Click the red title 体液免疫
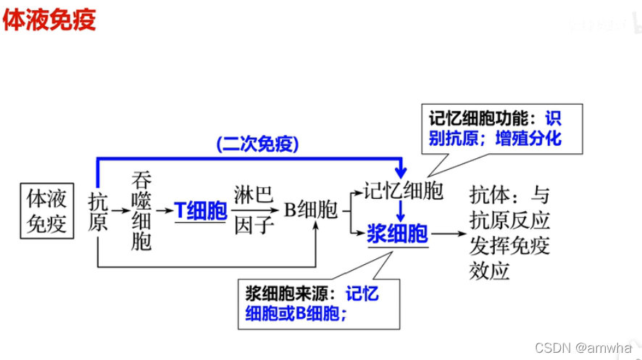pyautogui.click(x=49, y=20)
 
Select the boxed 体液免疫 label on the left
pyautogui.click(x=47, y=210)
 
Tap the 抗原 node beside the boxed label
pyautogui.click(x=98, y=211)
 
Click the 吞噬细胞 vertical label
pyautogui.click(x=141, y=211)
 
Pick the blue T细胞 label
pyautogui.click(x=201, y=211)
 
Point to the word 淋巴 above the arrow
pyautogui.click(x=254, y=195)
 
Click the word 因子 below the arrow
pyautogui.click(x=254, y=226)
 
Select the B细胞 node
pyautogui.click(x=310, y=210)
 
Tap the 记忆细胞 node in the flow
pyautogui.click(x=404, y=192)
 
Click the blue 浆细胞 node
pyautogui.click(x=397, y=233)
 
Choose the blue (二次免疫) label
pyautogui.click(x=257, y=144)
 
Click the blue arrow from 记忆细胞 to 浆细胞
pyautogui.click(x=399, y=212)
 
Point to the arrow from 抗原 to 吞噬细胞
pyautogui.click(x=120, y=211)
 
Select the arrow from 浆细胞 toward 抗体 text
pyautogui.click(x=448, y=234)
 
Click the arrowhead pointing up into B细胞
pyautogui.click(x=316, y=226)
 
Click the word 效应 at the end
pyautogui.click(x=490, y=271)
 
